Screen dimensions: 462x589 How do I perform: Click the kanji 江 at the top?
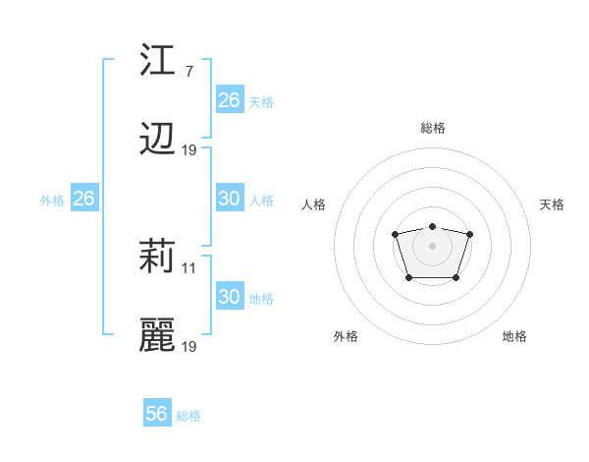click(x=157, y=61)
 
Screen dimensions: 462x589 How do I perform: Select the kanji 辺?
click(x=157, y=141)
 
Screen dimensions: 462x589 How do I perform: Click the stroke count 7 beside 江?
click(x=188, y=71)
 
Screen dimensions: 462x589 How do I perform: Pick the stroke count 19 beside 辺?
click(x=189, y=150)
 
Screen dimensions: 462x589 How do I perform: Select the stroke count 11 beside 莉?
click(x=189, y=267)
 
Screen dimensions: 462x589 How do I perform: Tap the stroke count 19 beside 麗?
click(x=189, y=347)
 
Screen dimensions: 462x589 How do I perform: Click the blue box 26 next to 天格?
click(x=229, y=99)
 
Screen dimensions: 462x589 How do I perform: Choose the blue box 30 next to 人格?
click(x=229, y=198)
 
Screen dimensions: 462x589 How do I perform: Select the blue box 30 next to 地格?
click(x=229, y=296)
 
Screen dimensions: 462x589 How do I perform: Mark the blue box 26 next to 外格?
click(x=83, y=198)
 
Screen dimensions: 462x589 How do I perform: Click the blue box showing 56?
click(x=157, y=414)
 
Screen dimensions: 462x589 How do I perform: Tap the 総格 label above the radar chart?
click(x=432, y=128)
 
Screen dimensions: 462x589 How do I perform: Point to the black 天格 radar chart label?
click(x=552, y=204)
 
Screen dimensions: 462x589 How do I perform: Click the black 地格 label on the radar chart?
click(x=514, y=336)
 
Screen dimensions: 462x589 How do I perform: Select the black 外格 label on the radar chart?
click(x=346, y=336)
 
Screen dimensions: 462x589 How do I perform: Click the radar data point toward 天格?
click(x=469, y=234)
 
